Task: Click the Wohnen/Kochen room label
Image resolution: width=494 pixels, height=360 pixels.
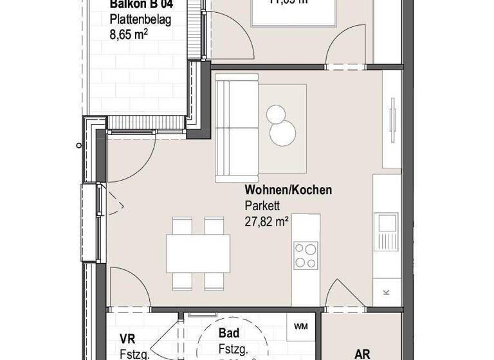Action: (288, 190)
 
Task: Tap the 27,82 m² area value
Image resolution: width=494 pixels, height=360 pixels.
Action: (266, 222)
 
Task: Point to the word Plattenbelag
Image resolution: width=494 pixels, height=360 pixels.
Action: (140, 20)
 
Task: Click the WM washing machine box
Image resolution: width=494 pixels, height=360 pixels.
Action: (300, 327)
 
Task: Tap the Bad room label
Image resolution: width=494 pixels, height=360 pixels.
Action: (229, 333)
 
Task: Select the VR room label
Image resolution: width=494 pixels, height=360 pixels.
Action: (127, 339)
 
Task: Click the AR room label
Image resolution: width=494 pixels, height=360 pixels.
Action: (362, 354)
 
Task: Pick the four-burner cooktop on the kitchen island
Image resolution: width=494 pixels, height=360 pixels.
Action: (306, 255)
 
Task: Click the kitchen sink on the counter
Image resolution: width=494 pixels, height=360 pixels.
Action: (387, 224)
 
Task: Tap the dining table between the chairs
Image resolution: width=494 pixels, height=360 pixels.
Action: (198, 253)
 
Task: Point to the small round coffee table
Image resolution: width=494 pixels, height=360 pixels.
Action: (277, 114)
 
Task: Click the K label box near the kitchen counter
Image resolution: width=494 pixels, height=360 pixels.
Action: (386, 292)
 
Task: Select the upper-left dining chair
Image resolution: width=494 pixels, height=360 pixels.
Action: (183, 226)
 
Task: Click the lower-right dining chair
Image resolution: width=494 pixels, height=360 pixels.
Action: (214, 280)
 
